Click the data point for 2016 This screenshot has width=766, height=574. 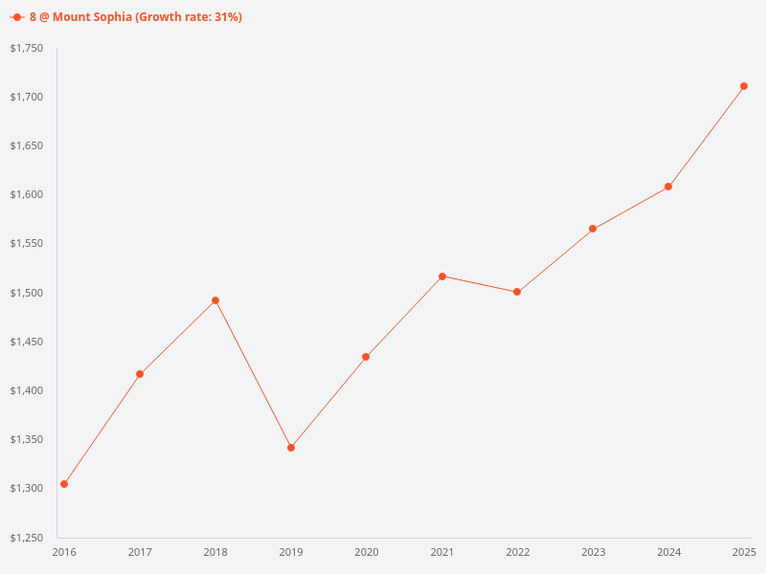tap(64, 484)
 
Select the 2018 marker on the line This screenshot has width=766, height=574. tap(215, 300)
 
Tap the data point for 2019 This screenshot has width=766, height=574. tap(291, 448)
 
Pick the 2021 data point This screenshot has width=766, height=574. tap(442, 276)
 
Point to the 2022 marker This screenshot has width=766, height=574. tap(517, 292)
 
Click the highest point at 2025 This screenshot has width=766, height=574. tap(744, 86)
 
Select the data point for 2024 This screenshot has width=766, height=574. tap(668, 187)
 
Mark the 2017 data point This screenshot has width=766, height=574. tap(140, 374)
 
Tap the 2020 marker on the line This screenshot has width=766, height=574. tap(366, 357)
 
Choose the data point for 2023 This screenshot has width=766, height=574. tap(593, 229)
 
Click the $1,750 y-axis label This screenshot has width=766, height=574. tap(27, 48)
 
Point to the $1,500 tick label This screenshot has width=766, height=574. tap(27, 293)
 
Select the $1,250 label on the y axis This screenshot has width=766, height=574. tap(27, 538)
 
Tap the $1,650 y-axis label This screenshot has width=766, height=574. tap(27, 145)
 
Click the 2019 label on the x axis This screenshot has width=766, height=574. tap(291, 552)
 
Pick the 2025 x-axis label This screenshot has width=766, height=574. tap(744, 552)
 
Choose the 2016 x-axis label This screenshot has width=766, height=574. tap(64, 552)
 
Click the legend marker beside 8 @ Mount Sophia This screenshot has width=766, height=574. tap(17, 17)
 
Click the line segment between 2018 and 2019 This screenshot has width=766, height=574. tap(253, 374)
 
